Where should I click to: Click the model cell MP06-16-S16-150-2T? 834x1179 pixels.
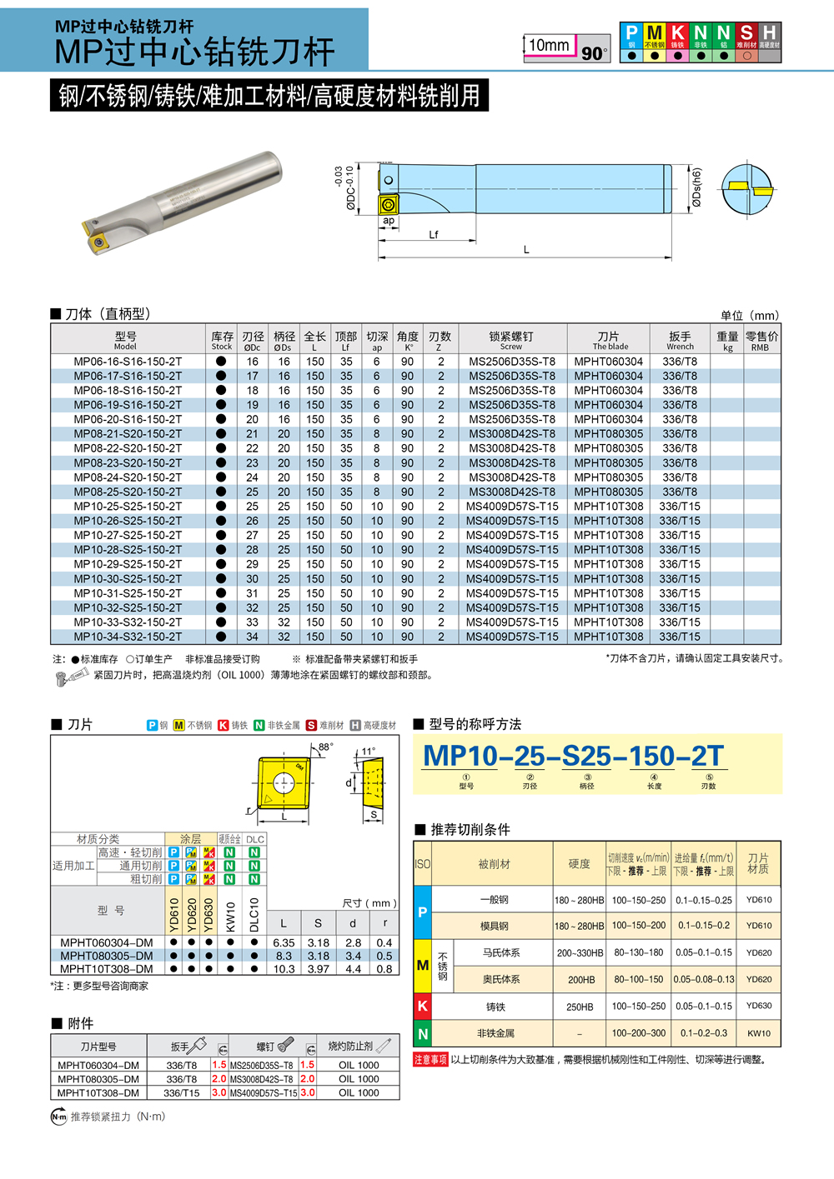point(127,362)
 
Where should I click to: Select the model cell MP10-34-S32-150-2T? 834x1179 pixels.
point(127,637)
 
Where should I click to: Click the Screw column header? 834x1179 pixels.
point(511,340)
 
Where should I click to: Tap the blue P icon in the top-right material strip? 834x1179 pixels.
point(631,33)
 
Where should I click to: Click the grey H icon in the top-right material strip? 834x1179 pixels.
point(769,33)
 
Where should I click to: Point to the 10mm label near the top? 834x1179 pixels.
point(550,45)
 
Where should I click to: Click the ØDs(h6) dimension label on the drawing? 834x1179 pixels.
point(696,187)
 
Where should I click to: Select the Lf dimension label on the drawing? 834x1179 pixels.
point(433,235)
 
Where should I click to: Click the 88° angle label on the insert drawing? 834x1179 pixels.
point(324,747)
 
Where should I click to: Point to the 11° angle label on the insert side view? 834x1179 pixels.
point(368,751)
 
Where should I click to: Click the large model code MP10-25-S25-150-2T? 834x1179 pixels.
point(573,756)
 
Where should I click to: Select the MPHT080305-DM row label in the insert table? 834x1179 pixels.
point(107,956)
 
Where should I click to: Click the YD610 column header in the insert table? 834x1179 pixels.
point(173,914)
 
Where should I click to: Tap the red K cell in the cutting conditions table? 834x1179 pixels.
point(423,1006)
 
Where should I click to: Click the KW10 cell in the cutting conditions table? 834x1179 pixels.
point(758,1033)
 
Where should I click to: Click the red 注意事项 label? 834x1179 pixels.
point(430,1060)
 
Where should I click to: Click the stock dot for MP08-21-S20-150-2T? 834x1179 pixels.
point(221,434)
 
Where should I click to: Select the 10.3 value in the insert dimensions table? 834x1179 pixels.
point(284,969)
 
